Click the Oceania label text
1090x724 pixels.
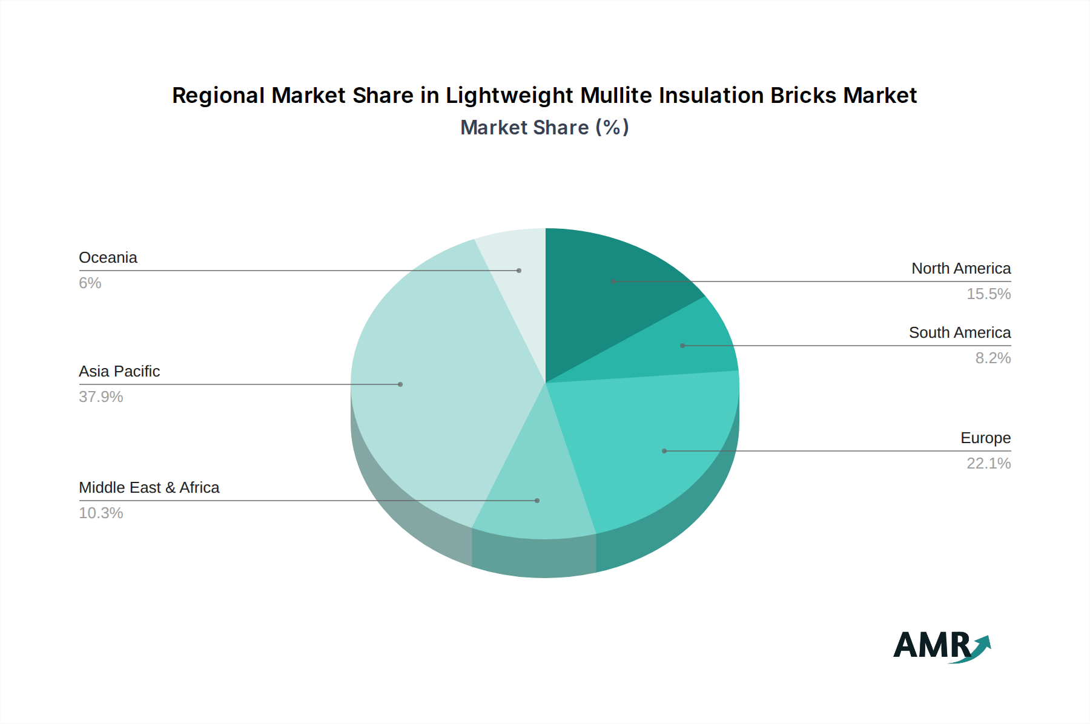click(108, 257)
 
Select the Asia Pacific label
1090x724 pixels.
click(119, 371)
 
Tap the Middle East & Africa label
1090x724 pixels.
click(149, 487)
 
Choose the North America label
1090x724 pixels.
click(961, 268)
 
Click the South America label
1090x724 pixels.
click(960, 332)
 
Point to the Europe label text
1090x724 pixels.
click(985, 438)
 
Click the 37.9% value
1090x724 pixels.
click(101, 397)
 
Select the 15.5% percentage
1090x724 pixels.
click(988, 294)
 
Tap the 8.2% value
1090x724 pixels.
click(993, 358)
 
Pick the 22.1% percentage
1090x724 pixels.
click(988, 463)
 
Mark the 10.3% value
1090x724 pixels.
click(101, 513)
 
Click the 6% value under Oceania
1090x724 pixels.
click(90, 283)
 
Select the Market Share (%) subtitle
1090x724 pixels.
click(544, 127)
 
